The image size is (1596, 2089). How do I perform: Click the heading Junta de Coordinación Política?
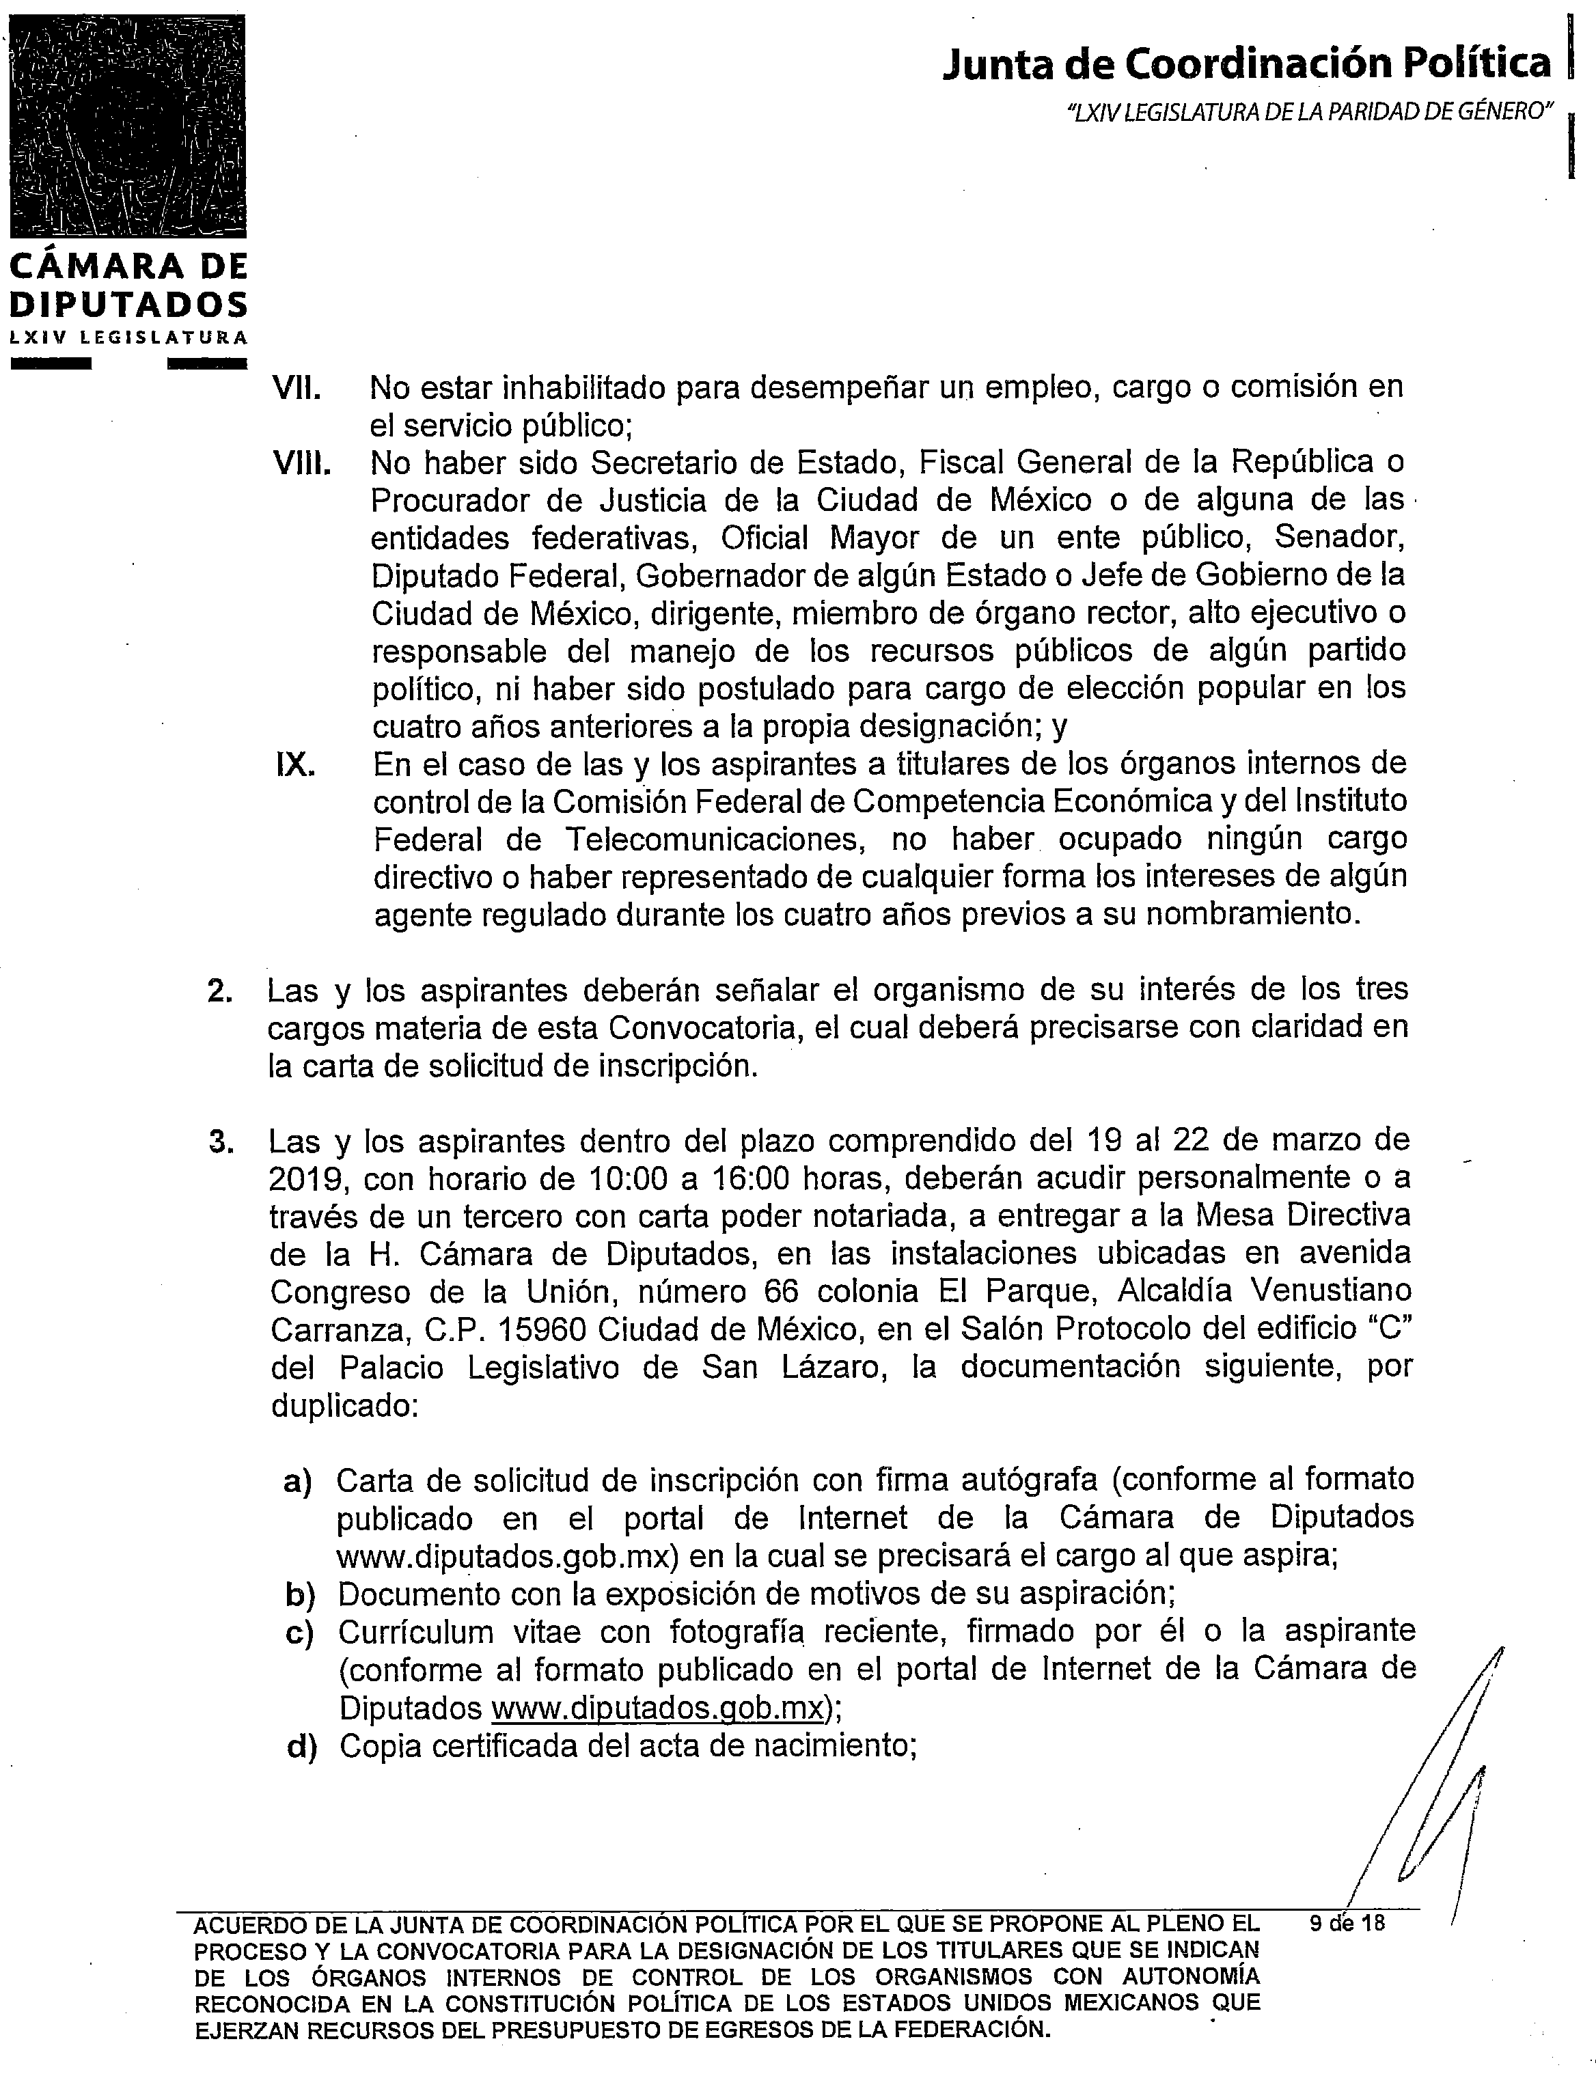(x=1246, y=64)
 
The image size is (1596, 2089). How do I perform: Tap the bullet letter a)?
(x=299, y=1481)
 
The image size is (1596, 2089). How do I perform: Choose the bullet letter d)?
(x=301, y=1747)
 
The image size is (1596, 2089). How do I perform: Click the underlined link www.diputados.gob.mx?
(x=657, y=1708)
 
